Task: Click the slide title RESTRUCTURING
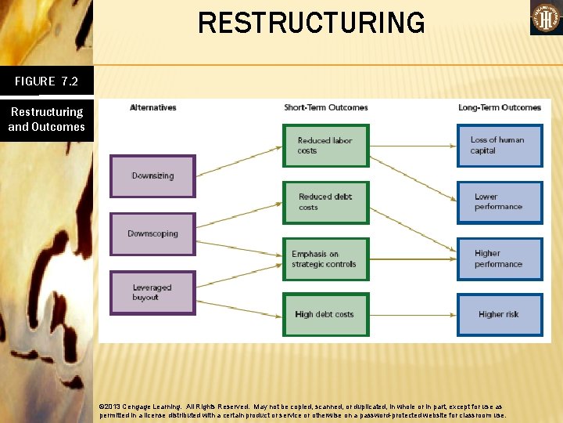click(311, 23)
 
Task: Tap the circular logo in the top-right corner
click(546, 17)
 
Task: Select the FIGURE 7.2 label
click(46, 81)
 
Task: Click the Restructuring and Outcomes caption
click(46, 119)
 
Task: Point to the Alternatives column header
click(152, 107)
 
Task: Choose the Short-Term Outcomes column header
click(325, 107)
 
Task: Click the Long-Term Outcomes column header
click(499, 107)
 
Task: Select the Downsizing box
click(152, 176)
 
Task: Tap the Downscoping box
click(152, 233)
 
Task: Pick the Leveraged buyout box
click(152, 293)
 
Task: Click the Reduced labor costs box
click(325, 146)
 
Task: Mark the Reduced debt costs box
click(325, 202)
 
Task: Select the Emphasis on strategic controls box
click(325, 259)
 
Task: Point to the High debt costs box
click(325, 314)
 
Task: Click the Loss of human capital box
click(500, 146)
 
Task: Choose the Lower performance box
click(500, 202)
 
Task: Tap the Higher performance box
click(500, 259)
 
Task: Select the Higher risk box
click(500, 314)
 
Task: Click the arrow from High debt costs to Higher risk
click(413, 314)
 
